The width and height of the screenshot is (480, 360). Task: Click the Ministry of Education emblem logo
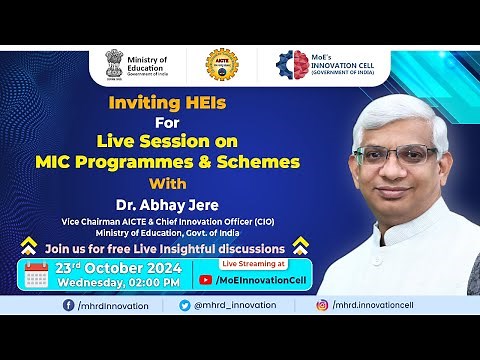(116, 65)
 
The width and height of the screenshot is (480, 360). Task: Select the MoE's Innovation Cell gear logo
(292, 65)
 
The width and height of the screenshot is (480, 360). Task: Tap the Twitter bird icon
(185, 305)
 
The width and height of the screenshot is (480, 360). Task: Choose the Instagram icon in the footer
(322, 305)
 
